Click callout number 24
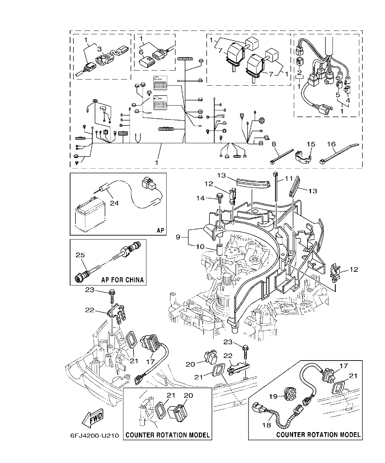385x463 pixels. pos(114,203)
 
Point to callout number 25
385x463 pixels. pos(80,255)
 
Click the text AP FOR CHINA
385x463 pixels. pos(122,280)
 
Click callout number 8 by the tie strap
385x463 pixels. pos(274,144)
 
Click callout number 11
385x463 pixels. pos(289,178)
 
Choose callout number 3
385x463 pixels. pos(99,49)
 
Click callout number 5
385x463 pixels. pos(338,95)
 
